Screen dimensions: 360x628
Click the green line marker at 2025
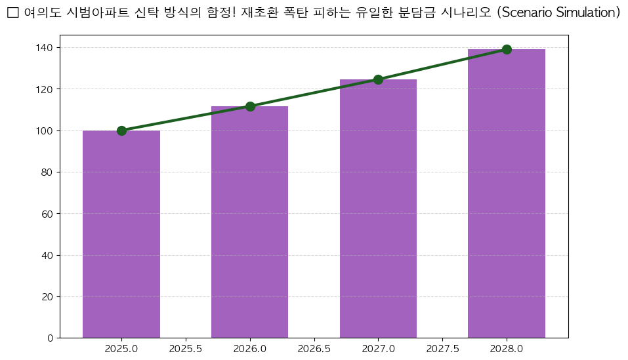pyautogui.click(x=121, y=130)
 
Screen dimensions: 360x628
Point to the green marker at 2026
pyautogui.click(x=250, y=106)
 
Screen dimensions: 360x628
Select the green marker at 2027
pyautogui.click(x=378, y=79)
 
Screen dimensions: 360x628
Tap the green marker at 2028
pyautogui.click(x=507, y=49)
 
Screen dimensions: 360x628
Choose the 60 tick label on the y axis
pyautogui.click(x=48, y=214)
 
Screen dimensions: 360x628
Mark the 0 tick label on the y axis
pyautogui.click(x=51, y=338)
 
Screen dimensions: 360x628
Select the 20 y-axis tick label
pyautogui.click(x=48, y=297)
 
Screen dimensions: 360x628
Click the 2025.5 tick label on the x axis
pyautogui.click(x=186, y=349)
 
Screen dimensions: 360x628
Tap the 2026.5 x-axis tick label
pyautogui.click(x=314, y=349)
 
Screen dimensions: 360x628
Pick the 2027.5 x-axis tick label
pyautogui.click(x=442, y=349)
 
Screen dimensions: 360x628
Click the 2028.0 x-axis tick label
pyautogui.click(x=507, y=349)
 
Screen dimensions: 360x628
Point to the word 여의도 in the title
pyautogui.click(x=42, y=13)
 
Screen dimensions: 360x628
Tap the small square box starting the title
pyautogui.click(x=12, y=13)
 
